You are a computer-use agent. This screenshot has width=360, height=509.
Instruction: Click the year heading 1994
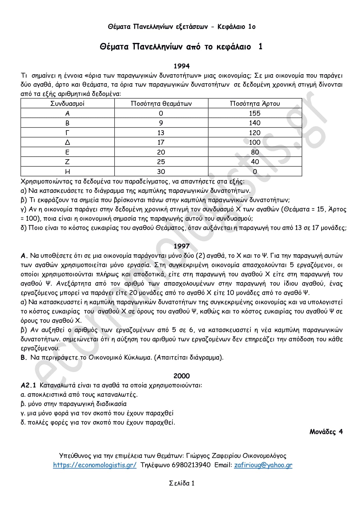tap(182, 66)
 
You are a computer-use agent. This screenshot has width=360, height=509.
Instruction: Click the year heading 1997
tap(182, 246)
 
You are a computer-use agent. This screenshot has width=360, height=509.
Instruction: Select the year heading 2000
tap(182, 376)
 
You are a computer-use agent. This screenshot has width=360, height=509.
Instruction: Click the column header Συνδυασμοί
tap(68, 104)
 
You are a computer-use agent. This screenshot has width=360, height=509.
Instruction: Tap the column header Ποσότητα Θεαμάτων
tap(161, 104)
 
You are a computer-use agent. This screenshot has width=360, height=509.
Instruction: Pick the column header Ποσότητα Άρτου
tap(255, 104)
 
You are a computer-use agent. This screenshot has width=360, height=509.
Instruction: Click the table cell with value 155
tap(255, 113)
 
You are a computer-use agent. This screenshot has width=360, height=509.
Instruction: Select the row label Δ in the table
tap(68, 142)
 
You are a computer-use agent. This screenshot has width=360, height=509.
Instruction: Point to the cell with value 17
tap(161, 142)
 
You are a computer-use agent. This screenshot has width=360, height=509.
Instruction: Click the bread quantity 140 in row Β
tap(255, 123)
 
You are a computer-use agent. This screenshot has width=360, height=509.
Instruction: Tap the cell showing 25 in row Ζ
tap(161, 162)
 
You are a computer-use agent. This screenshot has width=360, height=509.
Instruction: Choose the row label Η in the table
tap(68, 172)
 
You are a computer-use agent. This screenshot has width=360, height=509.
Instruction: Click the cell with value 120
tap(255, 133)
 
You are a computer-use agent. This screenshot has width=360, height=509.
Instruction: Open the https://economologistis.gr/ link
tap(95, 465)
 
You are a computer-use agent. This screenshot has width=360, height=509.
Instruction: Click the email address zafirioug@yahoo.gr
tap(263, 465)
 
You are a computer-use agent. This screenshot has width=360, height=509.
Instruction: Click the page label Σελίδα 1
tap(182, 483)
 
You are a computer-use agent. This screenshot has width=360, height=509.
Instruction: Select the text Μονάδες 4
tap(326, 432)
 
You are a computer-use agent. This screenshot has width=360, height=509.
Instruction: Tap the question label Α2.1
tap(28, 385)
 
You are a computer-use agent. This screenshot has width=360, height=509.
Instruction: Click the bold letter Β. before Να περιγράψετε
tap(24, 358)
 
